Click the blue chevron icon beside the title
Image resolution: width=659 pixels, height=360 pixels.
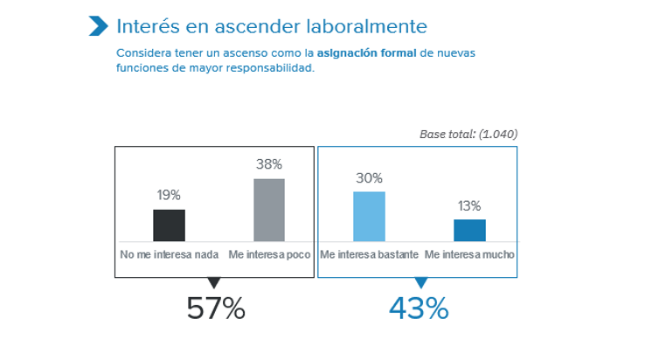click(98, 26)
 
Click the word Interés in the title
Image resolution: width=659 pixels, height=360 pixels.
click(145, 26)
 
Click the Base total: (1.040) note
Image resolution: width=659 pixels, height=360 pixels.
click(468, 135)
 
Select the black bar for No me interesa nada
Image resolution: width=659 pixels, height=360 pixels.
click(170, 225)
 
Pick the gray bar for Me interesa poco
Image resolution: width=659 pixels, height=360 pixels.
click(269, 210)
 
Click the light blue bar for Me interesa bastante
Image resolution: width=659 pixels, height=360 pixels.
click(369, 216)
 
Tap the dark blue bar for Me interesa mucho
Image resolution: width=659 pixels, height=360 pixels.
click(469, 230)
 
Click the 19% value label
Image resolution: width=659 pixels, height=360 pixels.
click(170, 196)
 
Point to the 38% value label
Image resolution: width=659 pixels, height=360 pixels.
click(269, 164)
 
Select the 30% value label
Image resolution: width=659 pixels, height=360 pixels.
click(369, 177)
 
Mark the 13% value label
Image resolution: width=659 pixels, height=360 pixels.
click(469, 205)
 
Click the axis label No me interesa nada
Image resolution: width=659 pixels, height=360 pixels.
click(170, 255)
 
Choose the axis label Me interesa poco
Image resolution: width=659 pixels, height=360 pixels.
click(269, 255)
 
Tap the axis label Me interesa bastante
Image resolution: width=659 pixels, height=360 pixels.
click(369, 255)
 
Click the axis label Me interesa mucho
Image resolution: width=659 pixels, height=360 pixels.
click(469, 255)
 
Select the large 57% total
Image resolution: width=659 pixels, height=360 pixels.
click(215, 308)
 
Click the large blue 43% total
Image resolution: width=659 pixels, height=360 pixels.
click(419, 308)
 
